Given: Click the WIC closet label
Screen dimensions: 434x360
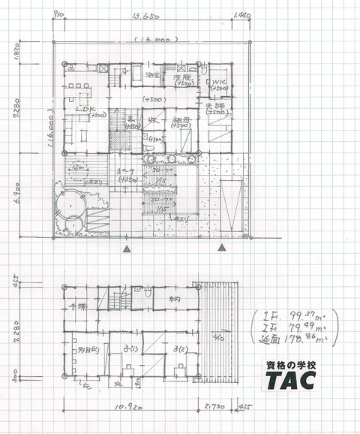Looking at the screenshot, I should (x=219, y=83).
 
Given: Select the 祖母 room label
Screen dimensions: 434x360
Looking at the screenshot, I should (x=178, y=120).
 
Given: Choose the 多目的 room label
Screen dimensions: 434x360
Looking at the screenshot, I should (x=80, y=348).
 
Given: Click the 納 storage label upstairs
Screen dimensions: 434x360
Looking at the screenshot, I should (x=175, y=302).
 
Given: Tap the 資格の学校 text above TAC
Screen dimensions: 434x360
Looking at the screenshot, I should (x=295, y=364).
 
